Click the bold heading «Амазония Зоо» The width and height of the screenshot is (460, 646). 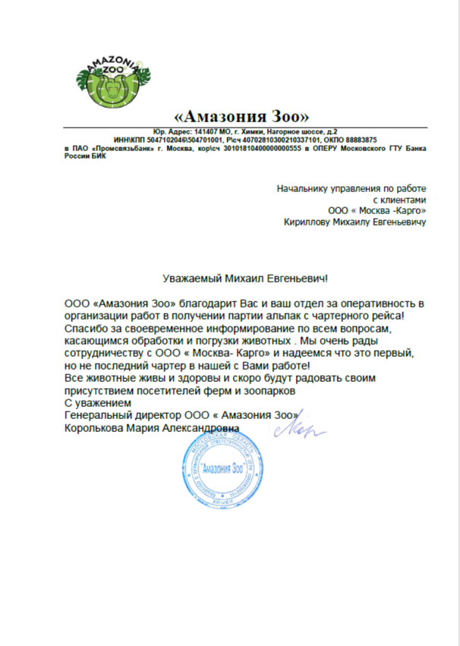point(242,117)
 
